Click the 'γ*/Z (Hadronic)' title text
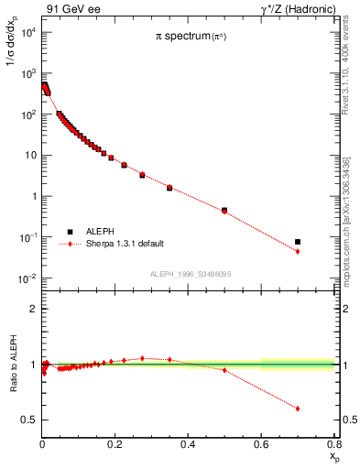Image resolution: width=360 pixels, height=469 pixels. [x=292, y=9]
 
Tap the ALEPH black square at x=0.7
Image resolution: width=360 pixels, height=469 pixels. [x=298, y=242]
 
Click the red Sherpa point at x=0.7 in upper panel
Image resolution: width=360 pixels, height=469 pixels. [x=298, y=251]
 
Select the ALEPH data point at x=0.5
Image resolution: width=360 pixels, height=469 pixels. [x=224, y=210]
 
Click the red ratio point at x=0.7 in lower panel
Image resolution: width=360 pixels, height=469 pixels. [x=298, y=409]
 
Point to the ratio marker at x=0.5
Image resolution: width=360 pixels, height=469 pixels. [x=224, y=370]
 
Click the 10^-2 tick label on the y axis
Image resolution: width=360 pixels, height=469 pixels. [x=27, y=278]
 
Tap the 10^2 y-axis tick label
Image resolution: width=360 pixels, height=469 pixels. [x=27, y=115]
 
